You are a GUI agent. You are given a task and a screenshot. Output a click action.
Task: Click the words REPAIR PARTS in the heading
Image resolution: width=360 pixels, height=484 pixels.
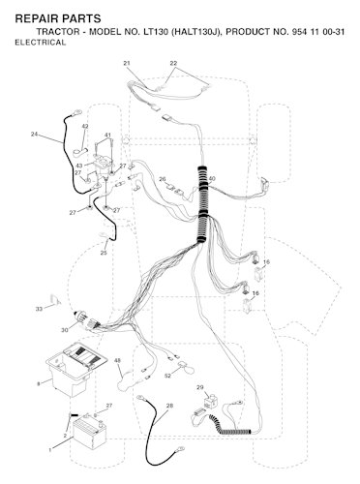coord(58,18)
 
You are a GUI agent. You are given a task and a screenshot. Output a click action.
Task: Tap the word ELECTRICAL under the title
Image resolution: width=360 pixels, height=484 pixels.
coord(41,43)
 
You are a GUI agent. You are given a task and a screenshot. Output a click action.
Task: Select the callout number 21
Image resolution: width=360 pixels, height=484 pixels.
coord(127,63)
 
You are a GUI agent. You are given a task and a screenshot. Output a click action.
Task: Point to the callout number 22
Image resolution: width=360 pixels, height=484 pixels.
coord(173,63)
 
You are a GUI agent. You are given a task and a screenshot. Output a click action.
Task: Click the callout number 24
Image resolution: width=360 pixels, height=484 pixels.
coord(35,134)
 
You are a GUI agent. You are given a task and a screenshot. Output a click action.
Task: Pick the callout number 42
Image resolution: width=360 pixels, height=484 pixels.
coord(85,126)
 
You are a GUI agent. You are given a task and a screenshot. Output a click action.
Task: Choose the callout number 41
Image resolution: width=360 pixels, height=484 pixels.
coord(107,135)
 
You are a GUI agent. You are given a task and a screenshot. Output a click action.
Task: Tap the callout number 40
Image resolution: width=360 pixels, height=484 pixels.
coord(212,179)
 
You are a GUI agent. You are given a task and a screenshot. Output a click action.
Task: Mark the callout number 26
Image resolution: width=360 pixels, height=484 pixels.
coord(163,179)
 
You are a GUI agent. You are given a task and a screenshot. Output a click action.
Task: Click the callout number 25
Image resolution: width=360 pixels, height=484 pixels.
coord(104,253)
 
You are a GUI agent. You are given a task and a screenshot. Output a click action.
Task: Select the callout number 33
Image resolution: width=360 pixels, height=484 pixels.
coord(39,309)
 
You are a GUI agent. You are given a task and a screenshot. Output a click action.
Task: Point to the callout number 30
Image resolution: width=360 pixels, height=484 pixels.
coord(65,330)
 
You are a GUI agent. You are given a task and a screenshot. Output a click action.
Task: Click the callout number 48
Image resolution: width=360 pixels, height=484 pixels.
coord(118,360)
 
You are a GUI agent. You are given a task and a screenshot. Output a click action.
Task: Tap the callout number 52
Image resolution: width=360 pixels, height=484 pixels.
coord(167,376)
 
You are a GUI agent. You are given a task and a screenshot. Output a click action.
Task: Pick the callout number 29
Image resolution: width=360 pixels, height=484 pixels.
coord(200,387)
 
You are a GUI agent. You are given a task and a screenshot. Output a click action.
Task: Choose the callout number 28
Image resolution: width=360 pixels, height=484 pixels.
coord(170,406)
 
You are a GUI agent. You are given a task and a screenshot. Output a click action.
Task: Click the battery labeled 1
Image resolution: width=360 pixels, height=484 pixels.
coord(90,431)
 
